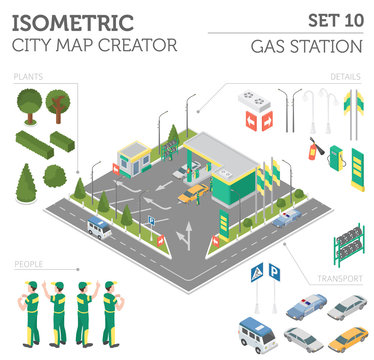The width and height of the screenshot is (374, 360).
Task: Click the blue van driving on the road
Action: [98, 228]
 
